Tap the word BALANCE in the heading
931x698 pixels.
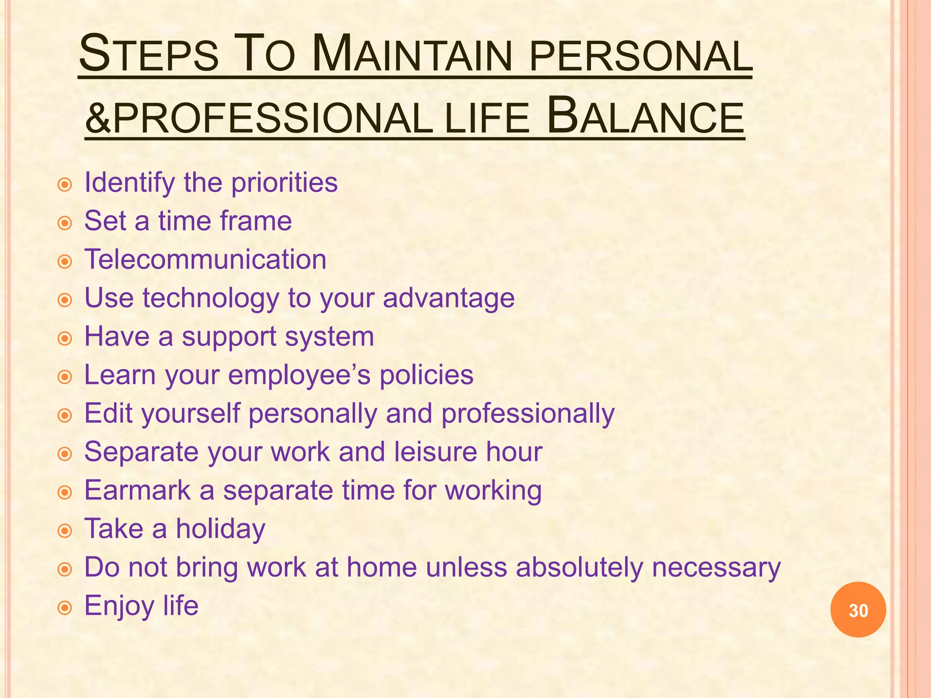coord(646,117)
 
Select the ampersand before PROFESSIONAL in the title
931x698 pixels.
coord(98,118)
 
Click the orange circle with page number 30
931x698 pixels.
coord(858,610)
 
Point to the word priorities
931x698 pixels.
coord(284,183)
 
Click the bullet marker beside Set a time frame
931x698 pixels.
coord(65,223)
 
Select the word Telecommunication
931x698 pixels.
coord(205,259)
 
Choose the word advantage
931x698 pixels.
coord(448,299)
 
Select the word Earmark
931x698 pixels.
coord(138,490)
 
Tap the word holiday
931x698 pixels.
coord(220,529)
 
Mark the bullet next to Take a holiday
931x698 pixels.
coord(65,531)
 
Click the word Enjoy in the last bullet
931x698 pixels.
coord(119,606)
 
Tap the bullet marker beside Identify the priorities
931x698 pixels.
coord(65,184)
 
